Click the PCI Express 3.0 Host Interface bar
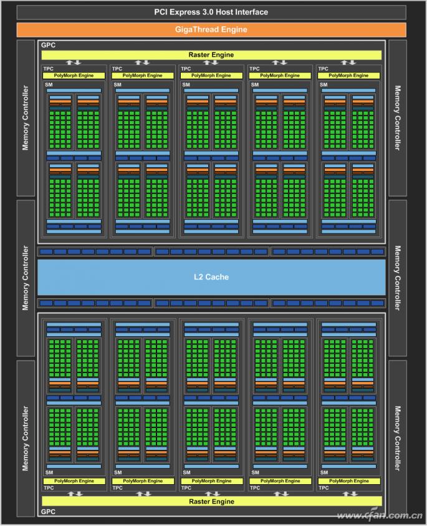[x=211, y=12]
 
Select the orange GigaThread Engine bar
[x=211, y=29]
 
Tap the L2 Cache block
[x=212, y=276]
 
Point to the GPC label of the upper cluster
[x=48, y=46]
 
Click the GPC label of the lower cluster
[x=48, y=511]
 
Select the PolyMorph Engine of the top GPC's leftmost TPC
[x=74, y=75]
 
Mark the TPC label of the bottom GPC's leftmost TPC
[x=48, y=488]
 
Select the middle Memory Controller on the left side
[x=26, y=278]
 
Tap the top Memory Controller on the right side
[x=398, y=118]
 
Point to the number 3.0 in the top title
[x=211, y=12]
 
